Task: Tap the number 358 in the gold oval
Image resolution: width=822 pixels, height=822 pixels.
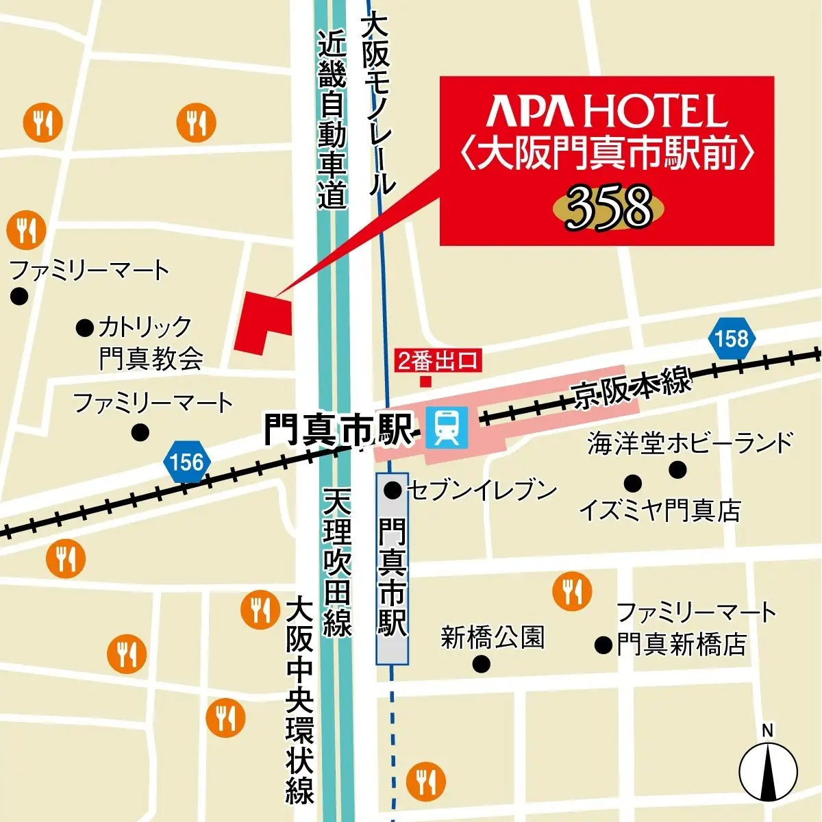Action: point(608,208)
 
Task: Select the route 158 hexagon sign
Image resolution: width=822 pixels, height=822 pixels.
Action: point(732,338)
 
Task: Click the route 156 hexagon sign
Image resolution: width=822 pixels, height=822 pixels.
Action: point(187,462)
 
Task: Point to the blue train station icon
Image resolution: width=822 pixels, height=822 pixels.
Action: point(447,427)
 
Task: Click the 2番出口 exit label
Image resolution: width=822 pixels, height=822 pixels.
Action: point(438,360)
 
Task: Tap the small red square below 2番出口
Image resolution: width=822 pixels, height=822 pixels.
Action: point(426,381)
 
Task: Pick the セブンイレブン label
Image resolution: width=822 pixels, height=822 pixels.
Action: point(482,490)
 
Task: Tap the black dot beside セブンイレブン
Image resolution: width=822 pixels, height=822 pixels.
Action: point(393,490)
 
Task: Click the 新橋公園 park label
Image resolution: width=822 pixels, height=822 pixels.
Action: point(493,638)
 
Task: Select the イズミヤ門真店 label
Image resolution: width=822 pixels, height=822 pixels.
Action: point(660,510)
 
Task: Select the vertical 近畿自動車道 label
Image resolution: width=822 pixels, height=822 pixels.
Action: point(332,120)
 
